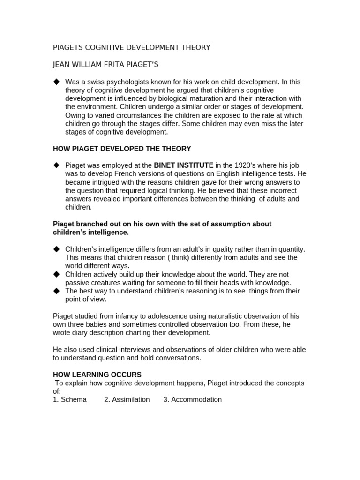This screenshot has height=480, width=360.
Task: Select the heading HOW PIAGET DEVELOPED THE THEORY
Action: pyautogui.click(x=122, y=149)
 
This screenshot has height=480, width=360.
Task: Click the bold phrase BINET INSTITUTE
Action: pyautogui.click(x=184, y=165)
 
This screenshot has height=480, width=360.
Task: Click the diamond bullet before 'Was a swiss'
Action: pyautogui.click(x=57, y=82)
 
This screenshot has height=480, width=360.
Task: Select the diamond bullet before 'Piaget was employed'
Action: pyautogui.click(x=57, y=165)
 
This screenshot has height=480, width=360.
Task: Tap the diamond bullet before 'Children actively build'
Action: pyautogui.click(x=57, y=274)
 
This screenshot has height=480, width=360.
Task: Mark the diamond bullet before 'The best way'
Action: pyautogui.click(x=57, y=291)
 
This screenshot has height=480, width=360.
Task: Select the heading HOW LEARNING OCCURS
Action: pyautogui.click(x=97, y=375)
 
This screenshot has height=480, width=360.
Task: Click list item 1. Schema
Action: pyautogui.click(x=70, y=399)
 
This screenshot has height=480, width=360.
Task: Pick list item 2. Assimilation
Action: pyautogui.click(x=127, y=399)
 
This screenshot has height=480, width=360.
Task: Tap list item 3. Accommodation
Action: pyautogui.click(x=193, y=399)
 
